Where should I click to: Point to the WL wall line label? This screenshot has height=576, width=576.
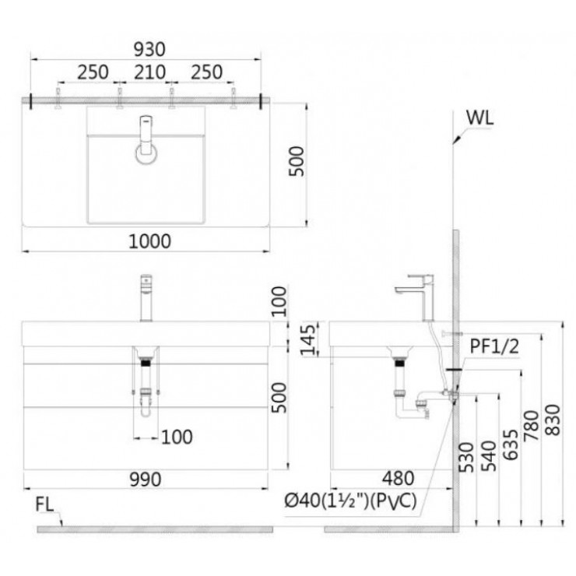point(481,118)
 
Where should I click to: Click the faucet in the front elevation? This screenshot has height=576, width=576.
point(146,297)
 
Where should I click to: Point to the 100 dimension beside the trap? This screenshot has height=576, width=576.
point(177,437)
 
